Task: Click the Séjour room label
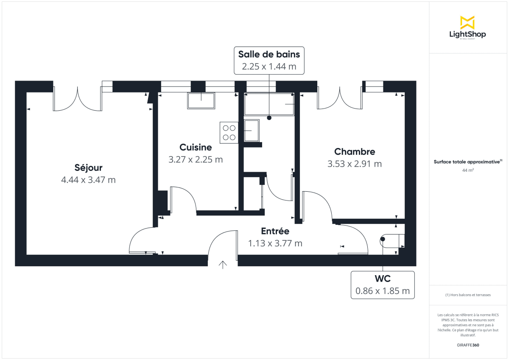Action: (x=88, y=167)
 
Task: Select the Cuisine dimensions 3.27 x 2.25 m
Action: (x=196, y=160)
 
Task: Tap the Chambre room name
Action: (x=355, y=152)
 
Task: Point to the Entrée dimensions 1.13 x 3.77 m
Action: (x=275, y=243)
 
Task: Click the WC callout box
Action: (x=382, y=285)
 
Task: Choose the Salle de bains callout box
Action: (x=269, y=60)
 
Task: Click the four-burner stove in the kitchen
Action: (x=229, y=132)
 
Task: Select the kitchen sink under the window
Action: (x=201, y=101)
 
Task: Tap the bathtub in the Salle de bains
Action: (x=269, y=104)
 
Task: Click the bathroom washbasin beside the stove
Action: (x=252, y=131)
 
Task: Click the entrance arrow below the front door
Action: (x=223, y=265)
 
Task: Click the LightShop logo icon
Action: (x=467, y=23)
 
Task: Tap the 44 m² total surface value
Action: (x=468, y=170)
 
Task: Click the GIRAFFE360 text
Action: (x=468, y=345)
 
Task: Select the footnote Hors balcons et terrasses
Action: (x=468, y=295)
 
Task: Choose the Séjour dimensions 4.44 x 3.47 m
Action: (x=88, y=180)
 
